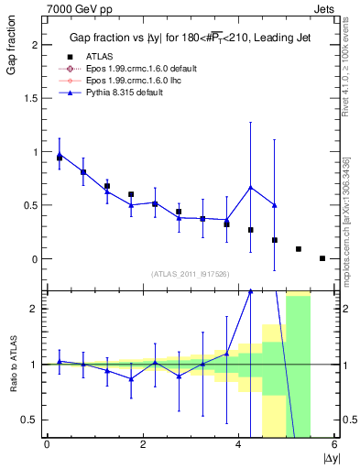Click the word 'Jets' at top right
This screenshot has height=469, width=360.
click(326, 7)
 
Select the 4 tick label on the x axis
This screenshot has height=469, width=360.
click(238, 444)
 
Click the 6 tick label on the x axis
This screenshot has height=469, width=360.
click(334, 444)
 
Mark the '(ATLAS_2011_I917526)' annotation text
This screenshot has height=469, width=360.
click(191, 274)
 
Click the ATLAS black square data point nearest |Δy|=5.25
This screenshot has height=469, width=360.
click(299, 249)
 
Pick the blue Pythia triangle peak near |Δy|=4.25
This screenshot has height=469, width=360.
click(250, 188)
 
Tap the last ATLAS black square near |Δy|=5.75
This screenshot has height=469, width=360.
click(322, 258)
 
